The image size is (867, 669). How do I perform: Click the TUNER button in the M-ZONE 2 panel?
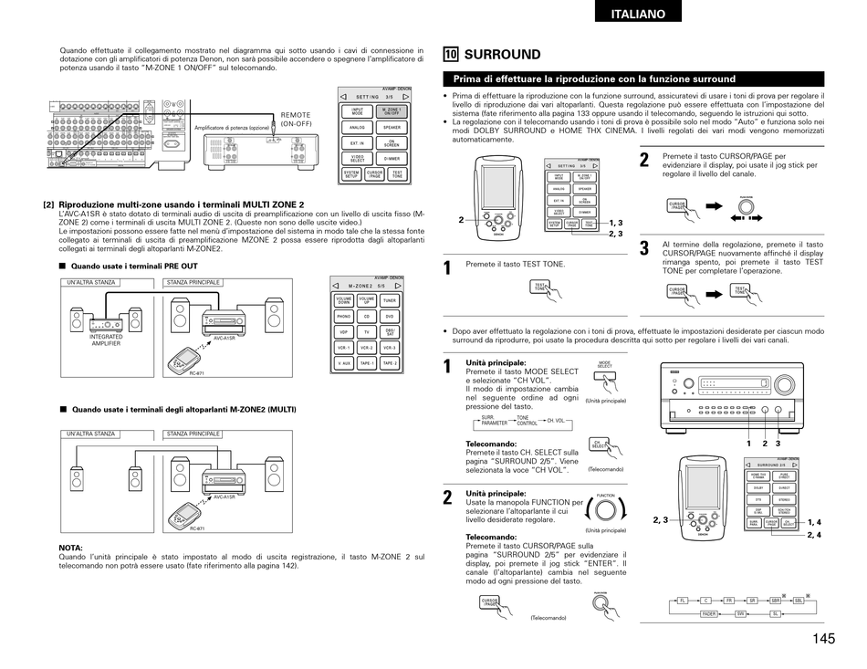click(390, 299)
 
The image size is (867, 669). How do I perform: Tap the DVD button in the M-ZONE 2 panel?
click(390, 316)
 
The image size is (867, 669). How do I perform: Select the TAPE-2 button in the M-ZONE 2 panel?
click(390, 363)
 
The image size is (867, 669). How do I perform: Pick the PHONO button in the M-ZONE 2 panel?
click(343, 316)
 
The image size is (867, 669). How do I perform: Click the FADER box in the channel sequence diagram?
click(709, 614)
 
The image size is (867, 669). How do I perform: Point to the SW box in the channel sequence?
click(741, 614)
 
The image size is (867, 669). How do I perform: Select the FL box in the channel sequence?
click(682, 600)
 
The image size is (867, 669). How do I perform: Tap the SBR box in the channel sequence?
click(776, 600)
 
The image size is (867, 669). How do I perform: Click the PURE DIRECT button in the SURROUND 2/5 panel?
click(784, 476)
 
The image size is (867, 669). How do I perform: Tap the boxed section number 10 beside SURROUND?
click(450, 54)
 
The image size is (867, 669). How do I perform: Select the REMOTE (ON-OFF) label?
click(296, 119)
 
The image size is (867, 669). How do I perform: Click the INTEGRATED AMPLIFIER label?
click(106, 340)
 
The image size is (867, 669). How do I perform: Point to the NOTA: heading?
click(70, 548)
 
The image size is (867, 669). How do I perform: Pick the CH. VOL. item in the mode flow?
click(556, 421)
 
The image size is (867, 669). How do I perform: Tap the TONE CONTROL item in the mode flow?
click(528, 421)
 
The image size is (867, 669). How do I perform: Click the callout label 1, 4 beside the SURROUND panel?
click(814, 522)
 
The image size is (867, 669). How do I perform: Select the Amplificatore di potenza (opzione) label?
click(232, 128)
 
